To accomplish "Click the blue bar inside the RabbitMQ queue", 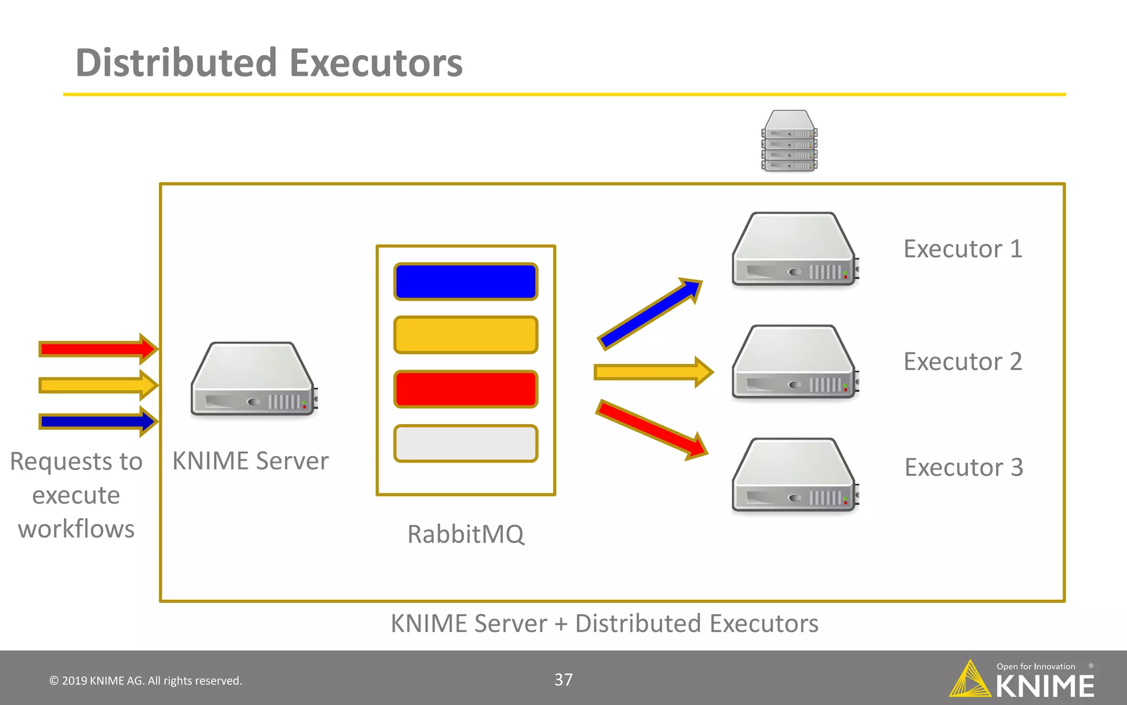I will [466, 281].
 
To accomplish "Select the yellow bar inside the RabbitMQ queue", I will [466, 334].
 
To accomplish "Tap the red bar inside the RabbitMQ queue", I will [466, 389].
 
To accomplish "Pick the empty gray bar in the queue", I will [466, 443].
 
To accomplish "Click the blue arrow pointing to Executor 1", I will [649, 314].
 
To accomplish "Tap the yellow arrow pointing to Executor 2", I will [653, 372].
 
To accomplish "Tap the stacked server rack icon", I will [789, 141].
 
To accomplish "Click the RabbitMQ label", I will [466, 534].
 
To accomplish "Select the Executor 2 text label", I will [962, 362].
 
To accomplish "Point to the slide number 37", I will [563, 680].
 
